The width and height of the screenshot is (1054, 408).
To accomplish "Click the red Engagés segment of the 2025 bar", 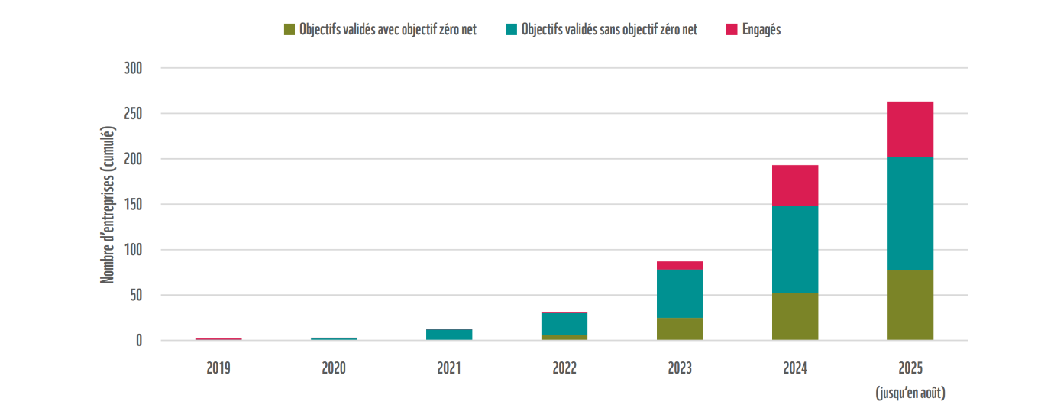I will pos(910,129).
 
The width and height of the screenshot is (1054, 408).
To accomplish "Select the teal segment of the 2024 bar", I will pos(795,249).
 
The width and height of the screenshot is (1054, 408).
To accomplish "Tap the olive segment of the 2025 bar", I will pos(910,305).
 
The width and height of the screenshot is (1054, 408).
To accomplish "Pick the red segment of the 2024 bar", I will pos(795,185).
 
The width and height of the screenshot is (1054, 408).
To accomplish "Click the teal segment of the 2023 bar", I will pos(680,293).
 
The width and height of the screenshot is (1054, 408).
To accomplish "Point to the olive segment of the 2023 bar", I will pos(680,329).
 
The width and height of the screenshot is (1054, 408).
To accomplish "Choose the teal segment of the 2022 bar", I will pos(564,323).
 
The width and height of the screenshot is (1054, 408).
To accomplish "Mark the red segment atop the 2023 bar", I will pos(680,265).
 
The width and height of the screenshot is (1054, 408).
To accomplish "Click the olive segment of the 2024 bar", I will pos(795,316).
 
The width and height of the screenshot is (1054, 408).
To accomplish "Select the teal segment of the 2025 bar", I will pos(910,213).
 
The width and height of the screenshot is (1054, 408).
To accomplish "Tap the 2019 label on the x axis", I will pos(218,368).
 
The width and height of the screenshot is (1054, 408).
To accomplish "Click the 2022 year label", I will pos(564,368).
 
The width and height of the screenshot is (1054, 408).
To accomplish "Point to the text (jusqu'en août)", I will pos(910,393).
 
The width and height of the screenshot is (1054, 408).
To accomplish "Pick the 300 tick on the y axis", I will pos(133,69).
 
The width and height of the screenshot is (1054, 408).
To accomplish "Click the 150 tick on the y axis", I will pos(133,205).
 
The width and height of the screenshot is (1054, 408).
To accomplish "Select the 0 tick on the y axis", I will pos(139,341).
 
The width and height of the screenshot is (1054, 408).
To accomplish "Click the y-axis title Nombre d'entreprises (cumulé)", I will pos(108,204).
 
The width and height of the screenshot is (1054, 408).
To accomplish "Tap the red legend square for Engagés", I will pos(732,30).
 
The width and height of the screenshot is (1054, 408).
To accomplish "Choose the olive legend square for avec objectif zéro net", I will pos(289,30).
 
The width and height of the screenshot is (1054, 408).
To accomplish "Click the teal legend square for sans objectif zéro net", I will pos(511,30).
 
